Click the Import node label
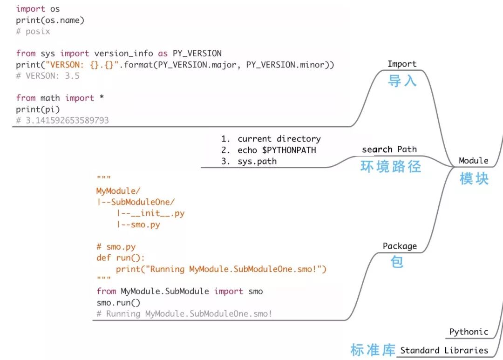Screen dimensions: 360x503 402,64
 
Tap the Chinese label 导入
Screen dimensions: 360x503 402,81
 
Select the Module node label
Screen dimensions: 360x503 473,161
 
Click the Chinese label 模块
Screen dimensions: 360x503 474,178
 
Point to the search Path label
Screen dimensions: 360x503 389,149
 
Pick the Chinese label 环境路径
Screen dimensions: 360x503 391,167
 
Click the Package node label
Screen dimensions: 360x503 400,246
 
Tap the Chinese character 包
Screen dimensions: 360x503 397,262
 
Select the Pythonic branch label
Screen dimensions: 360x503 469,332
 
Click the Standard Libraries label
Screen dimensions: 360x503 444,350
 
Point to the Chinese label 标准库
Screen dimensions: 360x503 373,350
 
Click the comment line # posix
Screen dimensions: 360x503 33,31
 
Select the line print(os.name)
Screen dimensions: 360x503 50,20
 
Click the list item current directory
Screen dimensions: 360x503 279,139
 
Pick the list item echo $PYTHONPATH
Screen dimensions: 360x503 277,150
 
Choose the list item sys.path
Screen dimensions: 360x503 257,161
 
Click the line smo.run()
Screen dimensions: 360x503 118,302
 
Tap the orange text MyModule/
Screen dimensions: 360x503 118,190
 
